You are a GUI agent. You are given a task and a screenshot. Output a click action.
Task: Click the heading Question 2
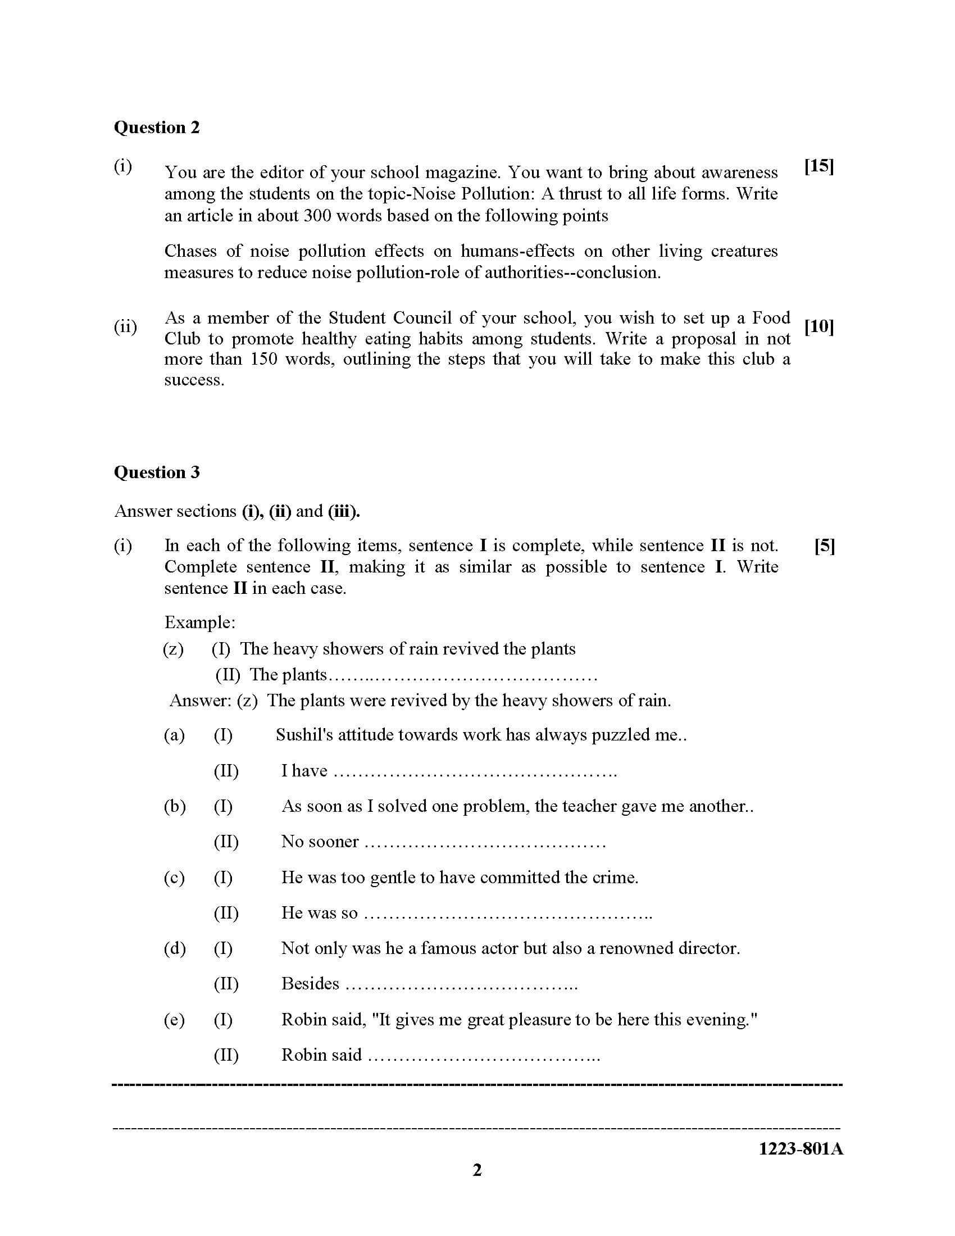pyautogui.click(x=157, y=128)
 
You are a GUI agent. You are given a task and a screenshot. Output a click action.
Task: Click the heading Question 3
pyautogui.click(x=157, y=472)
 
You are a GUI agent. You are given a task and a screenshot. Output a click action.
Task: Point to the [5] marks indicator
pyautogui.click(x=824, y=546)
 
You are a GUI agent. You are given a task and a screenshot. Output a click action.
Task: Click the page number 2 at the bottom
pyautogui.click(x=477, y=1170)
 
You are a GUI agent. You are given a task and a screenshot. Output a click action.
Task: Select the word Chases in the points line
pyautogui.click(x=190, y=251)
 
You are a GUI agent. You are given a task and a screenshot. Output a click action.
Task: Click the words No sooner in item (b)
pyautogui.click(x=320, y=842)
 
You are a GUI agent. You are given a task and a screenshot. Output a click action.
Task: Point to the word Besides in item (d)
pyautogui.click(x=310, y=984)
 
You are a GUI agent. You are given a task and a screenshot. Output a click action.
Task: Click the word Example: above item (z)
pyautogui.click(x=200, y=622)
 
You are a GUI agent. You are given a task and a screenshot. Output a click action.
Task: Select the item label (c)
pyautogui.click(x=174, y=877)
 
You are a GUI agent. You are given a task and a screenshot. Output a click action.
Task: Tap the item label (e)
pyautogui.click(x=174, y=1020)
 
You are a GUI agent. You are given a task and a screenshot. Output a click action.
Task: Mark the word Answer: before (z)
pyautogui.click(x=200, y=701)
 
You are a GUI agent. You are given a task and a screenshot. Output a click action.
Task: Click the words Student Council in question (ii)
pyautogui.click(x=390, y=317)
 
